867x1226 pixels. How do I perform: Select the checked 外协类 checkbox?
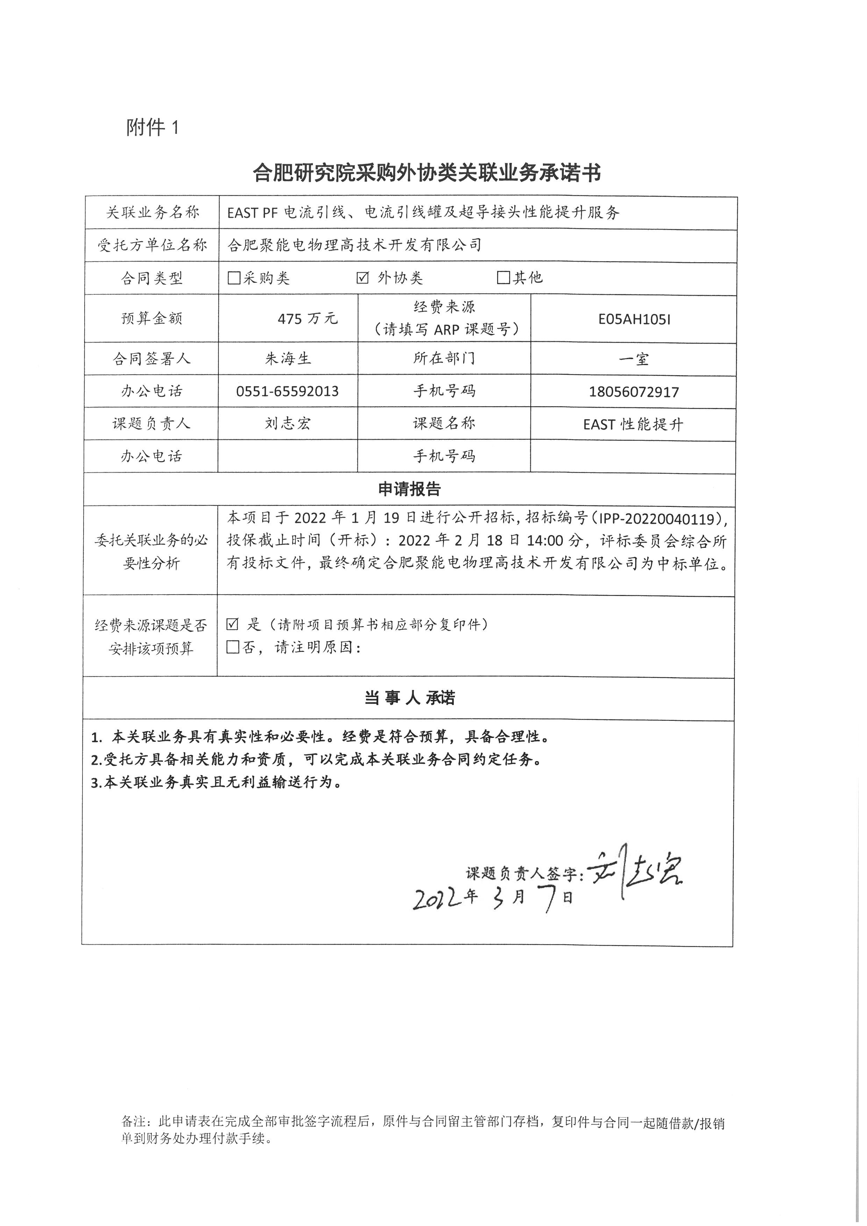coord(363,278)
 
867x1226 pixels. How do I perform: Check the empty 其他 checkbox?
coord(503,278)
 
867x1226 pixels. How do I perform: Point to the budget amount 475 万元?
coord(308,319)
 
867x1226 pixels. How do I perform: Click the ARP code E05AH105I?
coord(634,319)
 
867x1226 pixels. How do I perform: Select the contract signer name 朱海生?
coord(288,358)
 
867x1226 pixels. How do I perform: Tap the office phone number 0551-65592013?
coord(287,392)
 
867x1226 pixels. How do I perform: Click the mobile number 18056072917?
coord(634,392)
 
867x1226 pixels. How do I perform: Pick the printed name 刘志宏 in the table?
coord(287,424)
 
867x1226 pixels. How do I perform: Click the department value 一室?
coord(634,359)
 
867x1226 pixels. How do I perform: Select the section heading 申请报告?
coord(409,489)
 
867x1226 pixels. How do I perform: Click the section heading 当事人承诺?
coord(409,698)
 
